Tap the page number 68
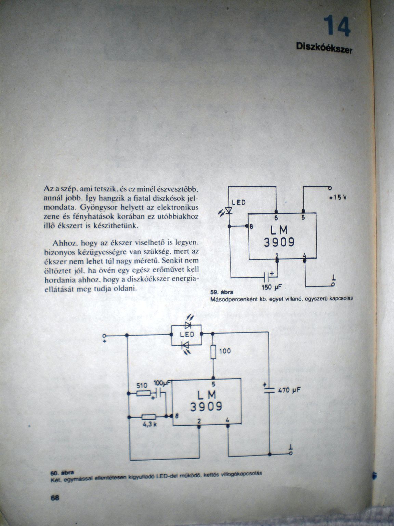(55, 498)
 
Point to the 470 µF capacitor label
(289, 390)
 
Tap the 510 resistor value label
(142, 385)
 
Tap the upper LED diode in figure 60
(187, 325)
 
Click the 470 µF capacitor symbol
(269, 390)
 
